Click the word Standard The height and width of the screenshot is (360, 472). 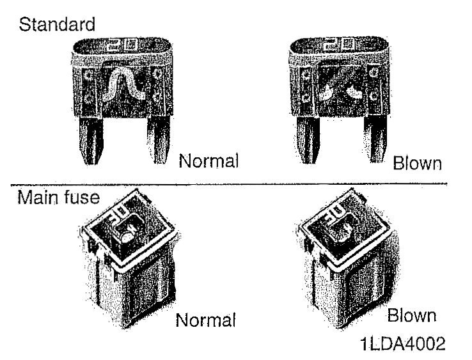(57, 24)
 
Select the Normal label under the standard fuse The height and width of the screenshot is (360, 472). (208, 160)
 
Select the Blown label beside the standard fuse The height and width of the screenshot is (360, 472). (418, 163)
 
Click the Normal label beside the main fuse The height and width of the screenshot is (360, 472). (205, 320)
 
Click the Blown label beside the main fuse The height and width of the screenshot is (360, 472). (412, 315)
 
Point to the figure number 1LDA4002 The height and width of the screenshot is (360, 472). (403, 343)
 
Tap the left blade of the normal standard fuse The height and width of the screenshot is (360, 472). (91, 140)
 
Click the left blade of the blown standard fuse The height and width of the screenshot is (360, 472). (308, 140)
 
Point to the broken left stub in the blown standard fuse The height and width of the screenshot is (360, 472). (326, 92)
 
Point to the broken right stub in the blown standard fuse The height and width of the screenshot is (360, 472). (354, 92)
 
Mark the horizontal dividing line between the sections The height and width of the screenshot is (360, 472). (229, 184)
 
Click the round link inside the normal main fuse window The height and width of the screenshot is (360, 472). (127, 238)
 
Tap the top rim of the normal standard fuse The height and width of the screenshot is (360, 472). (123, 46)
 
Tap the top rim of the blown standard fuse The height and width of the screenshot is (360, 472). (339, 46)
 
